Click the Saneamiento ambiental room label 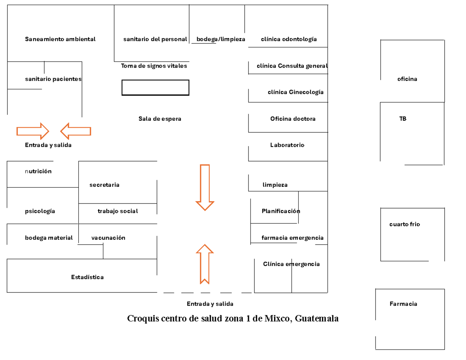pos(60,39)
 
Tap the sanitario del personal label pos(155,39)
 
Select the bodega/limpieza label pos(221,39)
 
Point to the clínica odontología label pos(289,39)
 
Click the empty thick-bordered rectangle pos(155,80)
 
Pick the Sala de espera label pos(160,118)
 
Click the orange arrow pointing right pos(33,131)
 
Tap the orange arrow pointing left pos(76,131)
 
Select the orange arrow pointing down pos(205,188)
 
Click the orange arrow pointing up pos(205,264)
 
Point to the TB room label pos(403,118)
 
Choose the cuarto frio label pos(405,224)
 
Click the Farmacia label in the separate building pos(403,304)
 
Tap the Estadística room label pos(87,277)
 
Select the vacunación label pos(108,238)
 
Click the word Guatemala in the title pos(316,318)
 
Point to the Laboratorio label pos(287,145)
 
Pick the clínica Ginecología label pos(296,92)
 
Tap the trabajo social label pos(118,211)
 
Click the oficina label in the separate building pos(407,79)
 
